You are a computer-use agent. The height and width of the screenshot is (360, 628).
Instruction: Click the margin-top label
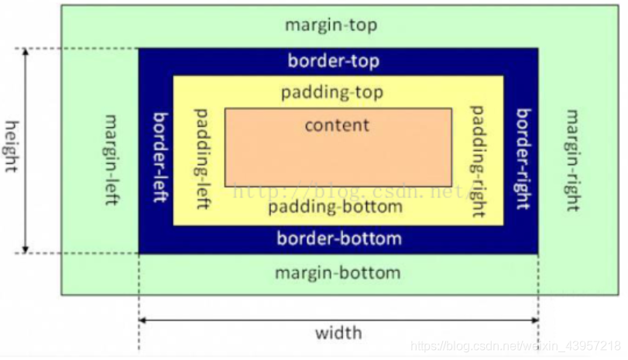point(331,25)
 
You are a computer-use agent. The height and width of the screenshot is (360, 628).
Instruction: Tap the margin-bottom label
point(338,273)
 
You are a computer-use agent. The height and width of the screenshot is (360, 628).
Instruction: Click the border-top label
point(334,60)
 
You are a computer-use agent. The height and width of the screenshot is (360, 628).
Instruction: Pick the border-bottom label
point(339,238)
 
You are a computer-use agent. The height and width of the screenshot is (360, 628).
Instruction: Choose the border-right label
point(524,159)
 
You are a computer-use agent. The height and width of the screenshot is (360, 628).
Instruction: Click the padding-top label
point(332,93)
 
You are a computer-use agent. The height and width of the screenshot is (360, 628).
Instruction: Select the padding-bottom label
point(335,207)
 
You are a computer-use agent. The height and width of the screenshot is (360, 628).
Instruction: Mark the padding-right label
point(478,159)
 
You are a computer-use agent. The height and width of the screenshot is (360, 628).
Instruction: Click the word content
point(337,125)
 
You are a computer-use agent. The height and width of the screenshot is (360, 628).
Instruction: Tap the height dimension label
point(12,146)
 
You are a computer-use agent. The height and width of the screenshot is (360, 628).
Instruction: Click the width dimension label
point(338,334)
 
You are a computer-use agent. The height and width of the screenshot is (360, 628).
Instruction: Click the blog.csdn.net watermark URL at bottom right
point(516,345)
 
